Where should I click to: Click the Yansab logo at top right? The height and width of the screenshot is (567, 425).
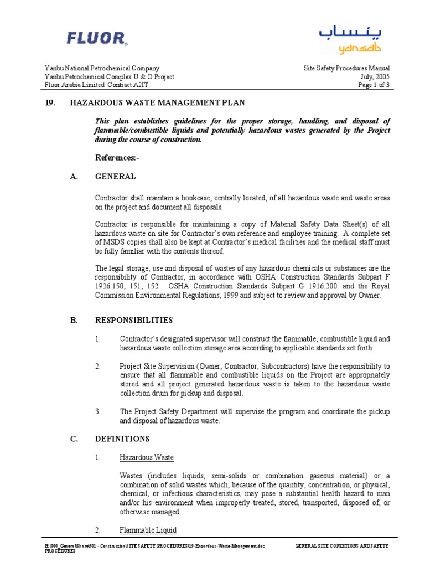click(350, 40)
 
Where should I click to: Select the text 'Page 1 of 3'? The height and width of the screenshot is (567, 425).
click(374, 85)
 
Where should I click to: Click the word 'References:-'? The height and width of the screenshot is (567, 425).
click(117, 158)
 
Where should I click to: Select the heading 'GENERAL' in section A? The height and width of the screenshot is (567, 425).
click(115, 177)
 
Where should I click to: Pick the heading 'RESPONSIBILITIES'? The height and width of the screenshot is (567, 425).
click(134, 320)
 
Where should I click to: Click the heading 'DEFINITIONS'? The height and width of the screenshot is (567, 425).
click(122, 439)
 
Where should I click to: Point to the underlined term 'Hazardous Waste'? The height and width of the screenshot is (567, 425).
click(147, 457)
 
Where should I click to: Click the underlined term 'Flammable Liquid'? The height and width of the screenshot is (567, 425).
click(148, 530)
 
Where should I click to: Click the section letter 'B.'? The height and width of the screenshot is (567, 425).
click(49, 320)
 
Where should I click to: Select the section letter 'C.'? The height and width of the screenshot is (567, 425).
click(49, 439)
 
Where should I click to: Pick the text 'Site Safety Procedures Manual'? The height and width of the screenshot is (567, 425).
click(347, 69)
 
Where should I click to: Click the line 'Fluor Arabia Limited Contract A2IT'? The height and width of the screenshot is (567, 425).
click(97, 85)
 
